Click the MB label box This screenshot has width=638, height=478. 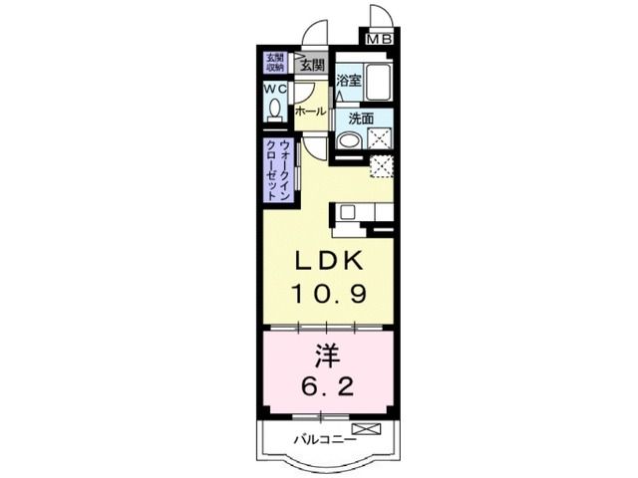click(x=379, y=39)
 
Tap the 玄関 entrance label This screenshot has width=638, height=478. click(x=311, y=65)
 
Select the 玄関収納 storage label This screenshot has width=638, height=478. click(x=273, y=63)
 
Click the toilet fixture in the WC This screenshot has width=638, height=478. click(x=275, y=109)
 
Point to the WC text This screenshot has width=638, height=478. click(x=275, y=89)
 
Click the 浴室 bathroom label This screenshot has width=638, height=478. click(x=348, y=81)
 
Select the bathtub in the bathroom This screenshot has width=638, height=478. click(x=380, y=80)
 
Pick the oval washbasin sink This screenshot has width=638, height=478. click(x=348, y=140)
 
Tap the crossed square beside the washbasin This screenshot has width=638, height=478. click(x=380, y=139)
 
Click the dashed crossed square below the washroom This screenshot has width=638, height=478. click(x=381, y=165)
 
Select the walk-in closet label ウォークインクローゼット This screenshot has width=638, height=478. click(x=278, y=171)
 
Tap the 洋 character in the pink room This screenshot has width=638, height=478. click(x=325, y=353)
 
